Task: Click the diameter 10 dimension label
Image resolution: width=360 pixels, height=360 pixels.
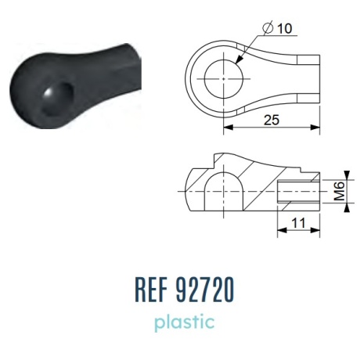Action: pos(278,28)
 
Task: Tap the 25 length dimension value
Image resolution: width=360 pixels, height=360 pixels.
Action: pos(272,120)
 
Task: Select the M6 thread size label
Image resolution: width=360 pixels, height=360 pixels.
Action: pos(340,191)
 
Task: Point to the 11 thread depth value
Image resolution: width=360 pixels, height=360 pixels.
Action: pos(298,223)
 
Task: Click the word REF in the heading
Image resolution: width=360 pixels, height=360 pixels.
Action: pos(151,290)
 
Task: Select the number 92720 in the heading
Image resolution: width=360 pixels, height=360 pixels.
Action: pos(205,290)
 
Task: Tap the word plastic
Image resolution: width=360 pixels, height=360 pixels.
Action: pos(185,322)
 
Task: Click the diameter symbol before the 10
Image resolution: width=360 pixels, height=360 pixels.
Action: pos(268,28)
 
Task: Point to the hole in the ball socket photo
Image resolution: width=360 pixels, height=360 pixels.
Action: pos(57,100)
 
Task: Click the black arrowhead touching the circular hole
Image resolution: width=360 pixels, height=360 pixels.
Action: pos(239,59)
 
